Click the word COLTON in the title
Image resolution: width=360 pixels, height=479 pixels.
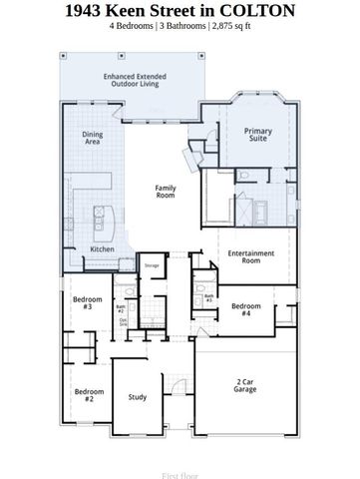coord(260,11)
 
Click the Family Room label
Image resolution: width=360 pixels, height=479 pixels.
coord(167,192)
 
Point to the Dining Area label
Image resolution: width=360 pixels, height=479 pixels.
coord(92,139)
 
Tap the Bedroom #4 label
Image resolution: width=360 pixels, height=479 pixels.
coord(246,308)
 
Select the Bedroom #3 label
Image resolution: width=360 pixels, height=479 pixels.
coord(82,302)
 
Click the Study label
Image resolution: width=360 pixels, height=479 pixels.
coord(138,397)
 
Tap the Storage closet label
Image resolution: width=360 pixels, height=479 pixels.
coord(152,266)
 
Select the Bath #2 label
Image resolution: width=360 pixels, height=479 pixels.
coord(120,308)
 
